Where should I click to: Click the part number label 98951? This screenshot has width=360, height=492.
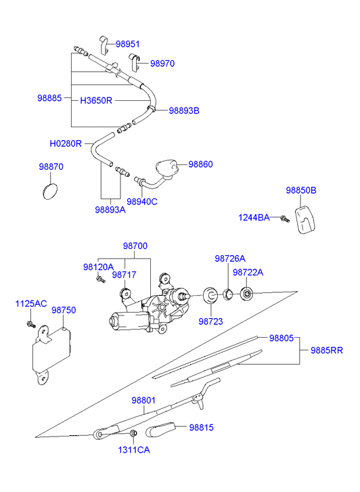127,44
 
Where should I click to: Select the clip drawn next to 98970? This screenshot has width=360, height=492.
135,62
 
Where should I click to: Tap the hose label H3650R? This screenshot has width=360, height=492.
96,100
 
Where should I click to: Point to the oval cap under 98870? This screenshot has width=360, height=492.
50,191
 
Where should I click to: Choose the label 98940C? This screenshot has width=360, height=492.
142,202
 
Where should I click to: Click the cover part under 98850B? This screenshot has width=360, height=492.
305,219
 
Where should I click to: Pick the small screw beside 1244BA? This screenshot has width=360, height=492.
285,219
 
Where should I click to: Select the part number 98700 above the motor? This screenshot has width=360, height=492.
135,246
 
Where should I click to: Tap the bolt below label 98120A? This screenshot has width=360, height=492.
101,279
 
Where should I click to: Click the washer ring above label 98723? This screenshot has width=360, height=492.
210,295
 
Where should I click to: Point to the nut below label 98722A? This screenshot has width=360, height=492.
246,294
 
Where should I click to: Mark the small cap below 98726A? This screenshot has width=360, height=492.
228,294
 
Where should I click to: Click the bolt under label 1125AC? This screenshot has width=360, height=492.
31,324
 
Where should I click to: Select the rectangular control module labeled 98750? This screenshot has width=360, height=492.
52,354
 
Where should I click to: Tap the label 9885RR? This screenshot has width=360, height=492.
327,350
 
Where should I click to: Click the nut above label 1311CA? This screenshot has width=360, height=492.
133,433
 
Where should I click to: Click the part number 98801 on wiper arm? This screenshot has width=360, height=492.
143,401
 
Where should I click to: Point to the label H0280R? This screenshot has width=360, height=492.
66,143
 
